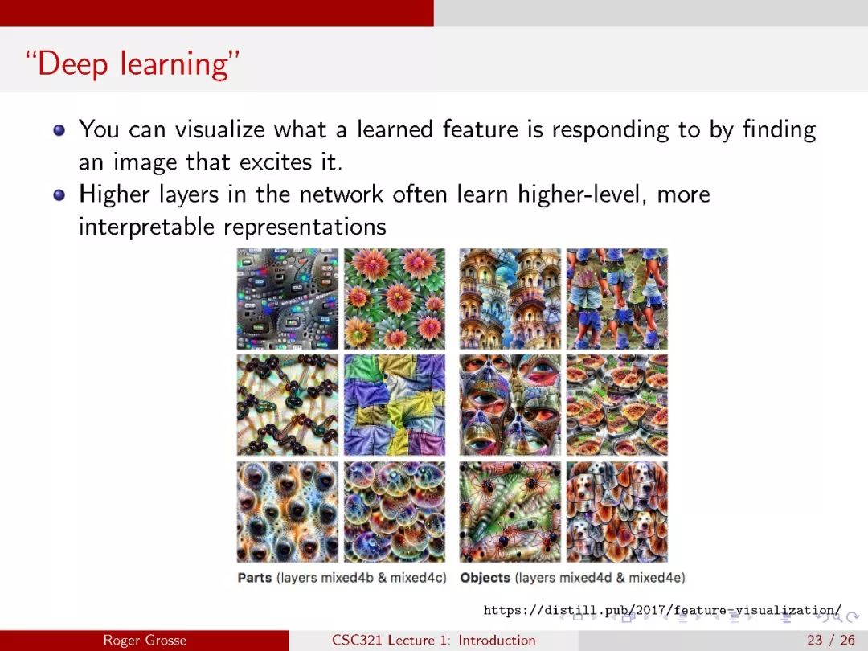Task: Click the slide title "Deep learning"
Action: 133,64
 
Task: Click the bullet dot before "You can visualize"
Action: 59,130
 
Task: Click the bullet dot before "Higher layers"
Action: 59,194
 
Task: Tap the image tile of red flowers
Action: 394,298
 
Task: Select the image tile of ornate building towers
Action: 510,298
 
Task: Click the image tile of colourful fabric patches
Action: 394,404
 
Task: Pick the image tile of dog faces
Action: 616,511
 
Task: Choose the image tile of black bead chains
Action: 287,404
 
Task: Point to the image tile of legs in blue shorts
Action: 616,298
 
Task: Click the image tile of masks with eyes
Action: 510,404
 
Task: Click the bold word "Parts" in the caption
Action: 255,578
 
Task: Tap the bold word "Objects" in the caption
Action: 485,578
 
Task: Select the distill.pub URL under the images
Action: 662,611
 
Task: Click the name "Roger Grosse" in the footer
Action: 145,641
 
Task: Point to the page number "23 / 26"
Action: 831,641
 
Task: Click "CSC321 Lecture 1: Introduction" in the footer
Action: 433,641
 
